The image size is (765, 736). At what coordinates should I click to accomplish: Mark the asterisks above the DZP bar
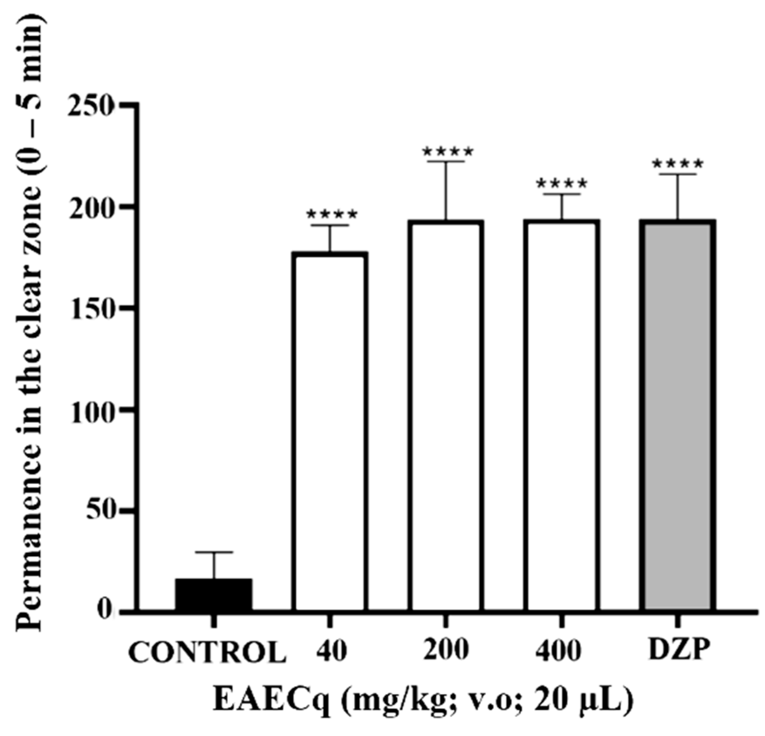coord(677,164)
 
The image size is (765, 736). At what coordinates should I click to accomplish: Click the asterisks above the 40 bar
coord(332,215)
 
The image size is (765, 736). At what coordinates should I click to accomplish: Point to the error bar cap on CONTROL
coord(214,552)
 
